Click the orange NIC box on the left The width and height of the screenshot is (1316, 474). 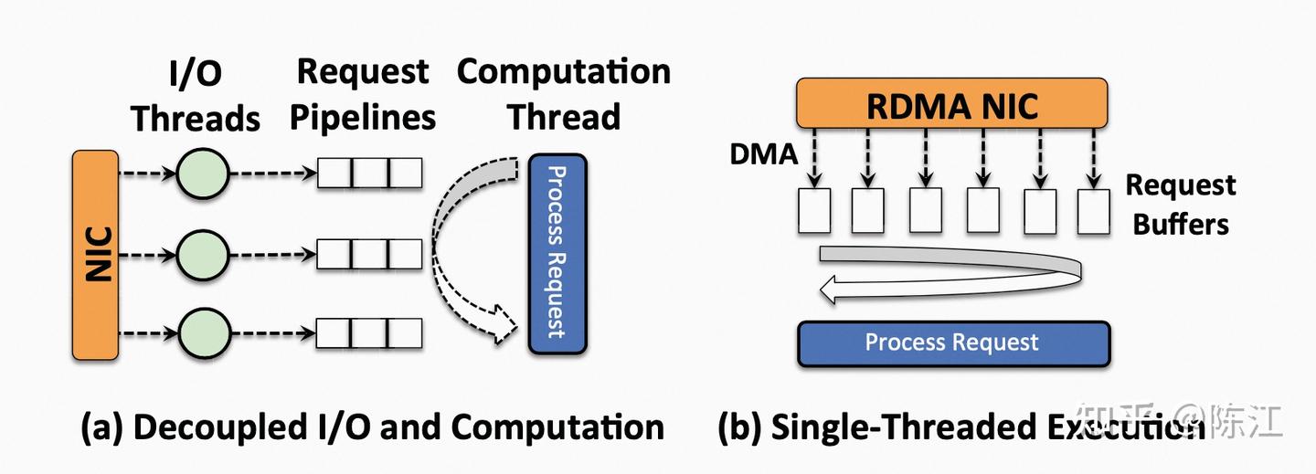[96, 257]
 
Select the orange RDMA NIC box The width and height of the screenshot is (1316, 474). [952, 103]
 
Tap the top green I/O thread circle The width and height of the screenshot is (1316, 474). [201, 174]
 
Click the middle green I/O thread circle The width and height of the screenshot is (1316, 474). [201, 255]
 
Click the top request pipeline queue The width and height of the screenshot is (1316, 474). [369, 174]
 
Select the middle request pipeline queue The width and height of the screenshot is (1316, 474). [369, 255]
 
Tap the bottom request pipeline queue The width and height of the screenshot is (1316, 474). [369, 332]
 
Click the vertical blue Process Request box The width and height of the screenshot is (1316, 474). [557, 253]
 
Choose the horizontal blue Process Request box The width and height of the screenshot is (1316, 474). [952, 343]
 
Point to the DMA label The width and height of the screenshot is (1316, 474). [763, 154]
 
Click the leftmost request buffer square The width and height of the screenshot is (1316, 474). [814, 211]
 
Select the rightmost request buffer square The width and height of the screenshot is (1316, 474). [1093, 211]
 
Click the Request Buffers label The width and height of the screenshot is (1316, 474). [1180, 205]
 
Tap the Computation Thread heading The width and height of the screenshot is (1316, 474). [564, 94]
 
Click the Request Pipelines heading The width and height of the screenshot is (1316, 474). [364, 94]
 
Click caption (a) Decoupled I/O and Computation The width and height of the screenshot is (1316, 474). [372, 427]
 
